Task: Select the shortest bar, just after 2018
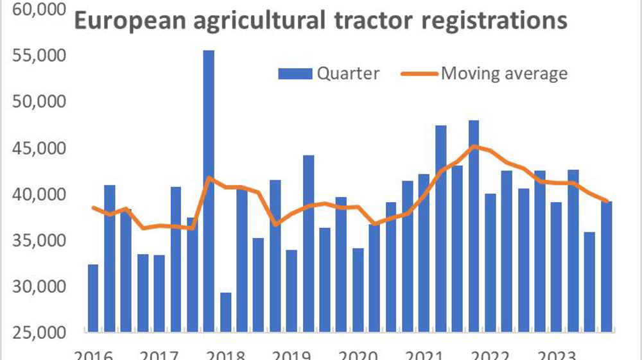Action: pyautogui.click(x=225, y=313)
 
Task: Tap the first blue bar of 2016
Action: pyautogui.click(x=93, y=298)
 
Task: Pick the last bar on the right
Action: pyautogui.click(x=606, y=267)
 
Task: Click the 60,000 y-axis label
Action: pyautogui.click(x=39, y=10)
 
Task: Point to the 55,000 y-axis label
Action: pyautogui.click(x=39, y=56)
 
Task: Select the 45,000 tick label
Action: pyautogui.click(x=39, y=148)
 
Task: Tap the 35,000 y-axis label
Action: pyautogui.click(x=39, y=241)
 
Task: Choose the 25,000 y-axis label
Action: pyautogui.click(x=39, y=332)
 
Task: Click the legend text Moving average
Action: pyautogui.click(x=504, y=74)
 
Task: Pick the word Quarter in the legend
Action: pyautogui.click(x=348, y=74)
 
